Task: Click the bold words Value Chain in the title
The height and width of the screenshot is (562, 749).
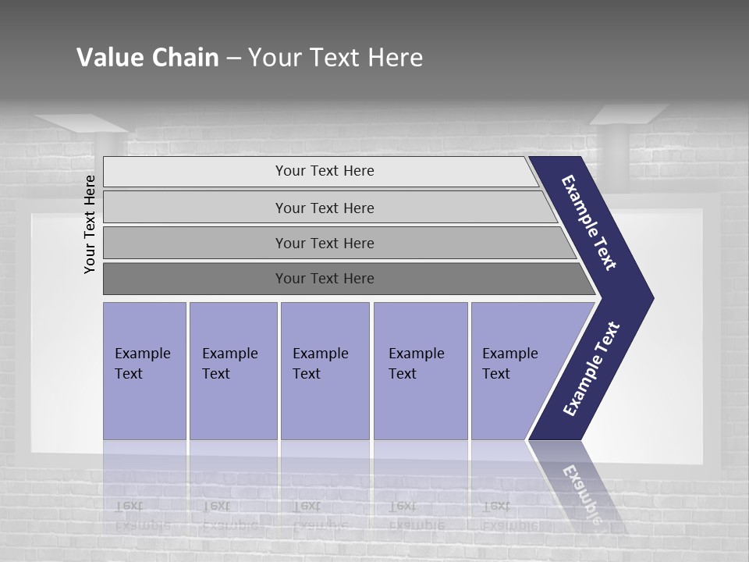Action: [x=147, y=58]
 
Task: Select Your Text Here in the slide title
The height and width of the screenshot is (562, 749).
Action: [x=335, y=58]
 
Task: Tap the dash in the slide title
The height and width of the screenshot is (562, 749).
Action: [x=233, y=59]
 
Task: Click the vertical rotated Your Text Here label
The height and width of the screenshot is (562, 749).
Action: [x=90, y=224]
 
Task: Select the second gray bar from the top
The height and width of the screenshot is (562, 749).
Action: [x=324, y=208]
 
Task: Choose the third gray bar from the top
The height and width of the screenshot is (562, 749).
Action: [x=324, y=243]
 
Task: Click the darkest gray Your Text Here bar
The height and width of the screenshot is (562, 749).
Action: [x=324, y=279]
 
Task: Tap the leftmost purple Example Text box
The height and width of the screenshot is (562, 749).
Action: [x=144, y=371]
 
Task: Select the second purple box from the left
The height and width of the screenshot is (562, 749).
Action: [x=233, y=371]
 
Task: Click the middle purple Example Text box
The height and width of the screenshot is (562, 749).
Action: [x=325, y=371]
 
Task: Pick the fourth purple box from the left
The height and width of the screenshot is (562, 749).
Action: [x=421, y=371]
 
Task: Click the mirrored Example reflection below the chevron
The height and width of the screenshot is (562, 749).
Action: [x=581, y=492]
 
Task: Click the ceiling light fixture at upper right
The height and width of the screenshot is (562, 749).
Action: [x=629, y=116]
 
